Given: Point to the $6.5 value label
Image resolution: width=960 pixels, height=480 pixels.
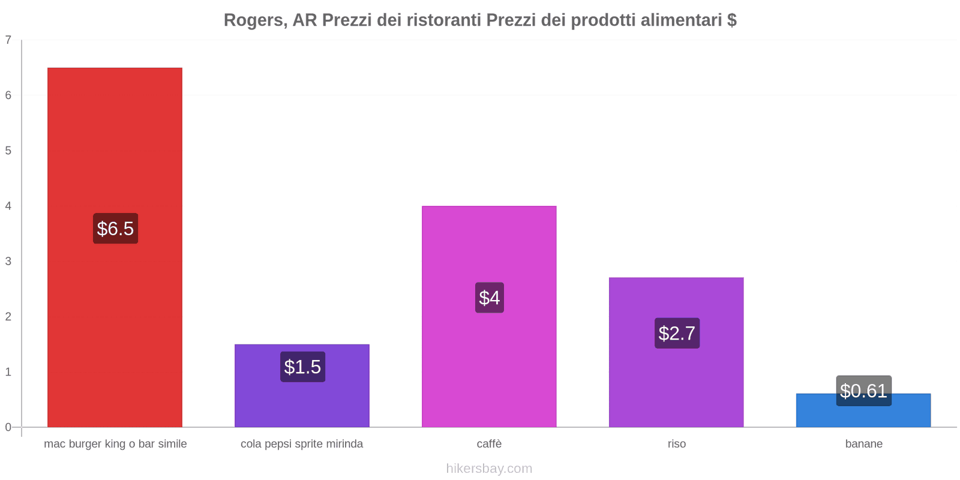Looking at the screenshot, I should coord(115,229).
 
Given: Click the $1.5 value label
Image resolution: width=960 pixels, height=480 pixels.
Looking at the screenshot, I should coord(302,367).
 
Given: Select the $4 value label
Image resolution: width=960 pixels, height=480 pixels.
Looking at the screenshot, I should coord(490,298).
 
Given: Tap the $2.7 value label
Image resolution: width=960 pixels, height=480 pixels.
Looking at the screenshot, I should coord(677,333).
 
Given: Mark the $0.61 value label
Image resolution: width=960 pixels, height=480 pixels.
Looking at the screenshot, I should coord(863,391).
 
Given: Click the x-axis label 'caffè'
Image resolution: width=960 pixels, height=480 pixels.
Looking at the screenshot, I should coord(489,444).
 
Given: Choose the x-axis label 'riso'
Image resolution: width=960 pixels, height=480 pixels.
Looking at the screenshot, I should coord(676,444).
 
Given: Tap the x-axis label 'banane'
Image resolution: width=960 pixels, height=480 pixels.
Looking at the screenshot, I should coord(863,444).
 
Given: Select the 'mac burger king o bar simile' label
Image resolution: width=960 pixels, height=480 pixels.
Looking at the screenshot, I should coord(115,444).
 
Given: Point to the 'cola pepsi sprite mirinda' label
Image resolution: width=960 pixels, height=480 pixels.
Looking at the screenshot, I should coord(302,444).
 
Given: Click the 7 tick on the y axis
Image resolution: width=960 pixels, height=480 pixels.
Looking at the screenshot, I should coord(8,40).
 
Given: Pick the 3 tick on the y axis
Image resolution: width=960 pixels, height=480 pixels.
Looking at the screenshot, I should coord(8,261).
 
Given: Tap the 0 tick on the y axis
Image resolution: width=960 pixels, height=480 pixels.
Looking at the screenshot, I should coord(8,427).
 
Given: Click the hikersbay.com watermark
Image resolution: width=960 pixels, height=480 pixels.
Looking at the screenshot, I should coord(489,469).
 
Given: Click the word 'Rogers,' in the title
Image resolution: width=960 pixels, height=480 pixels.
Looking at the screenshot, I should coord(255,20).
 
